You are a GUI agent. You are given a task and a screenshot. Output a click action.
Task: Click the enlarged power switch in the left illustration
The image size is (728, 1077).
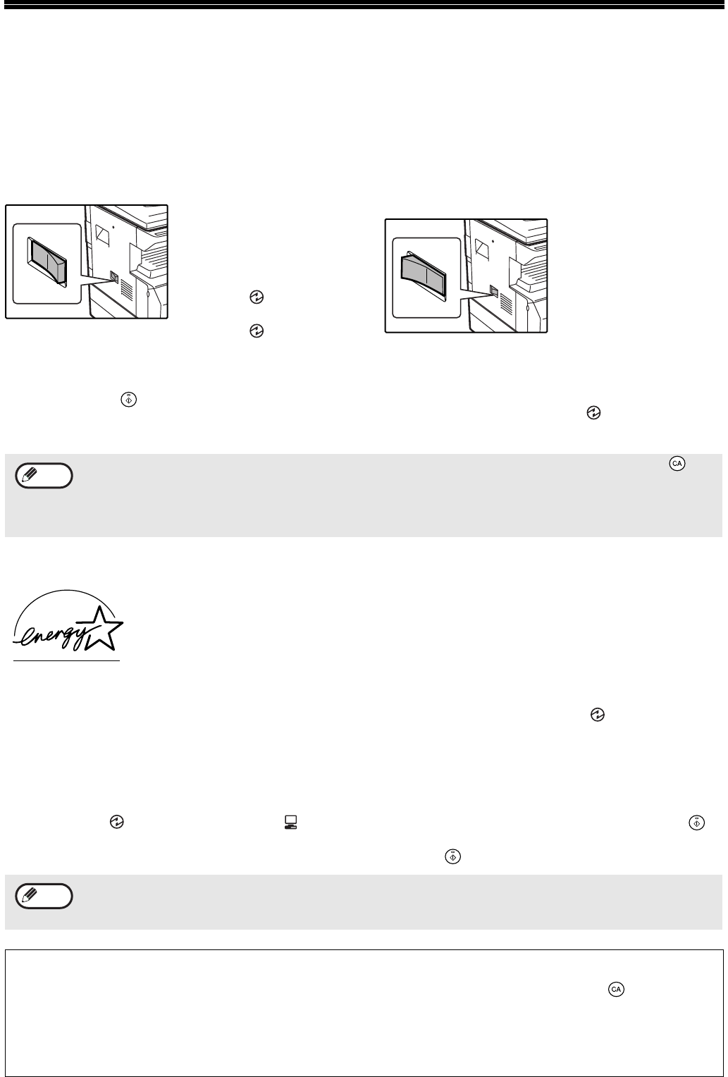[48, 261]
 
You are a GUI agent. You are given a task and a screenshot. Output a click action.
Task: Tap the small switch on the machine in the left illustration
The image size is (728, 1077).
[114, 276]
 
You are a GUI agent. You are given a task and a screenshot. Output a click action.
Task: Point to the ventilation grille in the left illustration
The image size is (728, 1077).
[126, 287]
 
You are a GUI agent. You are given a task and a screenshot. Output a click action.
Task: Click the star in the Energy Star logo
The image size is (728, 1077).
[103, 629]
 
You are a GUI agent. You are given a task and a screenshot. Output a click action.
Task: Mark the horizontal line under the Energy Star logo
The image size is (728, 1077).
[66, 661]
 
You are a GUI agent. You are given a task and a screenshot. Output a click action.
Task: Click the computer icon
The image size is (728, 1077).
[290, 822]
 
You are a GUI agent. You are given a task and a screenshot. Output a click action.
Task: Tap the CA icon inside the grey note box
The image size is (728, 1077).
[677, 464]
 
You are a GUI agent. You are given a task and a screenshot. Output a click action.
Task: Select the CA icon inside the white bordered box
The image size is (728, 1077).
[616, 989]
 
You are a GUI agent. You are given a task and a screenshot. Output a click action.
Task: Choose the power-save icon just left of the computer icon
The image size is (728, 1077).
[116, 822]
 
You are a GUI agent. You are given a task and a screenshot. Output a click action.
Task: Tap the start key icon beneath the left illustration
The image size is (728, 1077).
[129, 400]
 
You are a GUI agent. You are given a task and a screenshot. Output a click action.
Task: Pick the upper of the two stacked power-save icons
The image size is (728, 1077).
[257, 297]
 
